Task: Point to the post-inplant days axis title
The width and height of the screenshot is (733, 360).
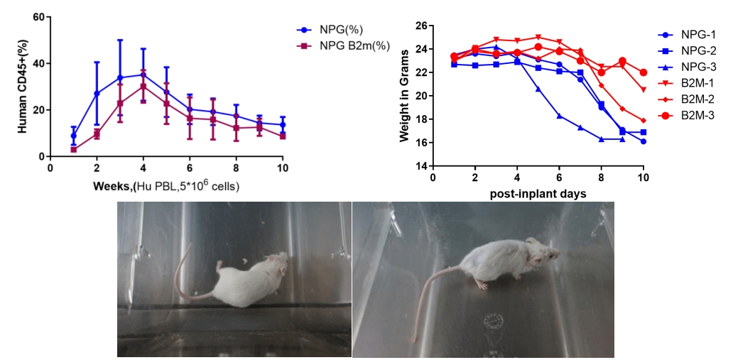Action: pyautogui.click(x=538, y=193)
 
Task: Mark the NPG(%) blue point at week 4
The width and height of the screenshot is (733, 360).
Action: pyautogui.click(x=143, y=74)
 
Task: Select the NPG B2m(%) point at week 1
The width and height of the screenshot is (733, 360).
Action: pyautogui.click(x=73, y=149)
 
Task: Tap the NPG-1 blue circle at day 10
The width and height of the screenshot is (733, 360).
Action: pyautogui.click(x=644, y=141)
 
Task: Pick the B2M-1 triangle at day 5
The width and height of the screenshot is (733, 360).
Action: pyautogui.click(x=538, y=37)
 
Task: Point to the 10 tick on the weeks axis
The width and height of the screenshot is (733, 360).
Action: pyautogui.click(x=283, y=168)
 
